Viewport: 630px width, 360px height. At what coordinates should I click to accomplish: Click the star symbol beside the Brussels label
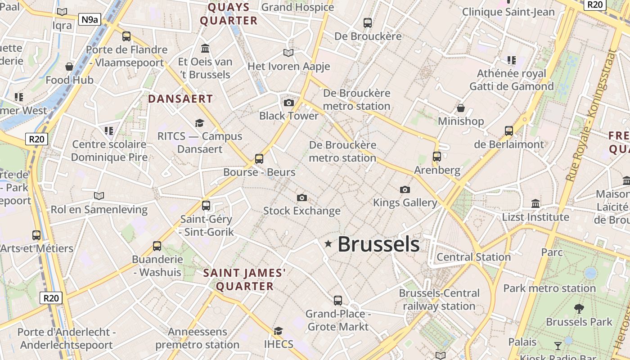[328, 244]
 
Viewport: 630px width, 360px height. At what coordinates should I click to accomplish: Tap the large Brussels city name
[378, 244]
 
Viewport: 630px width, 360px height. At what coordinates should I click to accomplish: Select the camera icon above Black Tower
[289, 103]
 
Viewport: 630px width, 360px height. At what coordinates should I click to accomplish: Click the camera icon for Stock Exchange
[302, 198]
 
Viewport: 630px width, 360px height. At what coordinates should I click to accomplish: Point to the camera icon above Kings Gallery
[405, 189]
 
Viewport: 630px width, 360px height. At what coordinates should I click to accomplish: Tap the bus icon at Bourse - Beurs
[259, 158]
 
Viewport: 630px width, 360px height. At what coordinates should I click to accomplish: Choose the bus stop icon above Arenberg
[437, 157]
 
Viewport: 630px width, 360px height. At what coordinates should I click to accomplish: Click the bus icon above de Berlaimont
[509, 131]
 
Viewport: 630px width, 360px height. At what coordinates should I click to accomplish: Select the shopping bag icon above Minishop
[461, 108]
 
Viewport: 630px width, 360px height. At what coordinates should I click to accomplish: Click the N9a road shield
[89, 19]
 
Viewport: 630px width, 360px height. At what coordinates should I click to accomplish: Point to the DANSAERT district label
[180, 99]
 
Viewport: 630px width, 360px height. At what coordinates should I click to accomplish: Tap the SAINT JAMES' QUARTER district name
[245, 279]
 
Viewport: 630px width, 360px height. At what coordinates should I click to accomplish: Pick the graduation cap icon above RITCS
[199, 123]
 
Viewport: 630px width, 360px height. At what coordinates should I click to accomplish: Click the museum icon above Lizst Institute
[535, 203]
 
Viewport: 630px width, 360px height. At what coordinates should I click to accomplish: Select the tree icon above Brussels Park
[579, 309]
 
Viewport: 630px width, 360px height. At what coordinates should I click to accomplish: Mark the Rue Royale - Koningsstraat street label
[591, 115]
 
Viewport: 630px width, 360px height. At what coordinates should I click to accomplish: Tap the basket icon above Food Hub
[69, 67]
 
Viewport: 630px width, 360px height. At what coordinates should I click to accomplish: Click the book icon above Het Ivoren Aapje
[288, 53]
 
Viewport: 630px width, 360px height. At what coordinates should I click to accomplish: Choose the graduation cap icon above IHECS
[279, 331]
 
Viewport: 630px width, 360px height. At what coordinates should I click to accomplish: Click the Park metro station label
[549, 288]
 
